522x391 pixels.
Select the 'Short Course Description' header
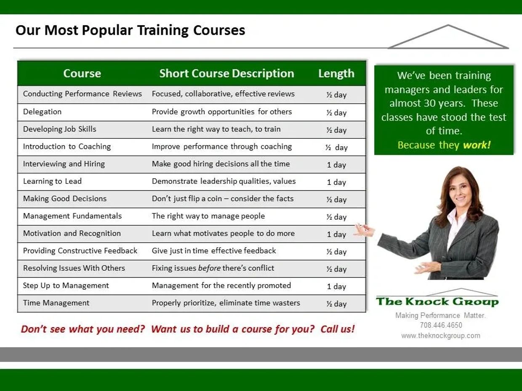(x=226, y=73)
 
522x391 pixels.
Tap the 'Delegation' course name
(x=43, y=111)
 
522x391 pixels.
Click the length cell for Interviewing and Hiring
(x=336, y=165)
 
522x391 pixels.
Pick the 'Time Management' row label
(x=56, y=303)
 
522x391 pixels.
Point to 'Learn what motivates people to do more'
(x=223, y=233)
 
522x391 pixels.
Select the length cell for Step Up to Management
(x=336, y=287)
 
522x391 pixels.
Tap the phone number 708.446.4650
(x=441, y=325)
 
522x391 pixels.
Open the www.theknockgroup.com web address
(x=441, y=336)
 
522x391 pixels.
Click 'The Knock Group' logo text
(x=437, y=301)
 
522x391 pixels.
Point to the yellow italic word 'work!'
(x=477, y=145)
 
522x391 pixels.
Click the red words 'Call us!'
(x=338, y=329)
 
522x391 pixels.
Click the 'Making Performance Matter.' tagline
(x=441, y=315)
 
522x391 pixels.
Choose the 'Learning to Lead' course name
(x=52, y=181)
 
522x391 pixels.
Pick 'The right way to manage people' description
(x=208, y=216)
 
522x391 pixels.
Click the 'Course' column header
(x=82, y=73)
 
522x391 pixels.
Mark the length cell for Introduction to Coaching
(x=336, y=148)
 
